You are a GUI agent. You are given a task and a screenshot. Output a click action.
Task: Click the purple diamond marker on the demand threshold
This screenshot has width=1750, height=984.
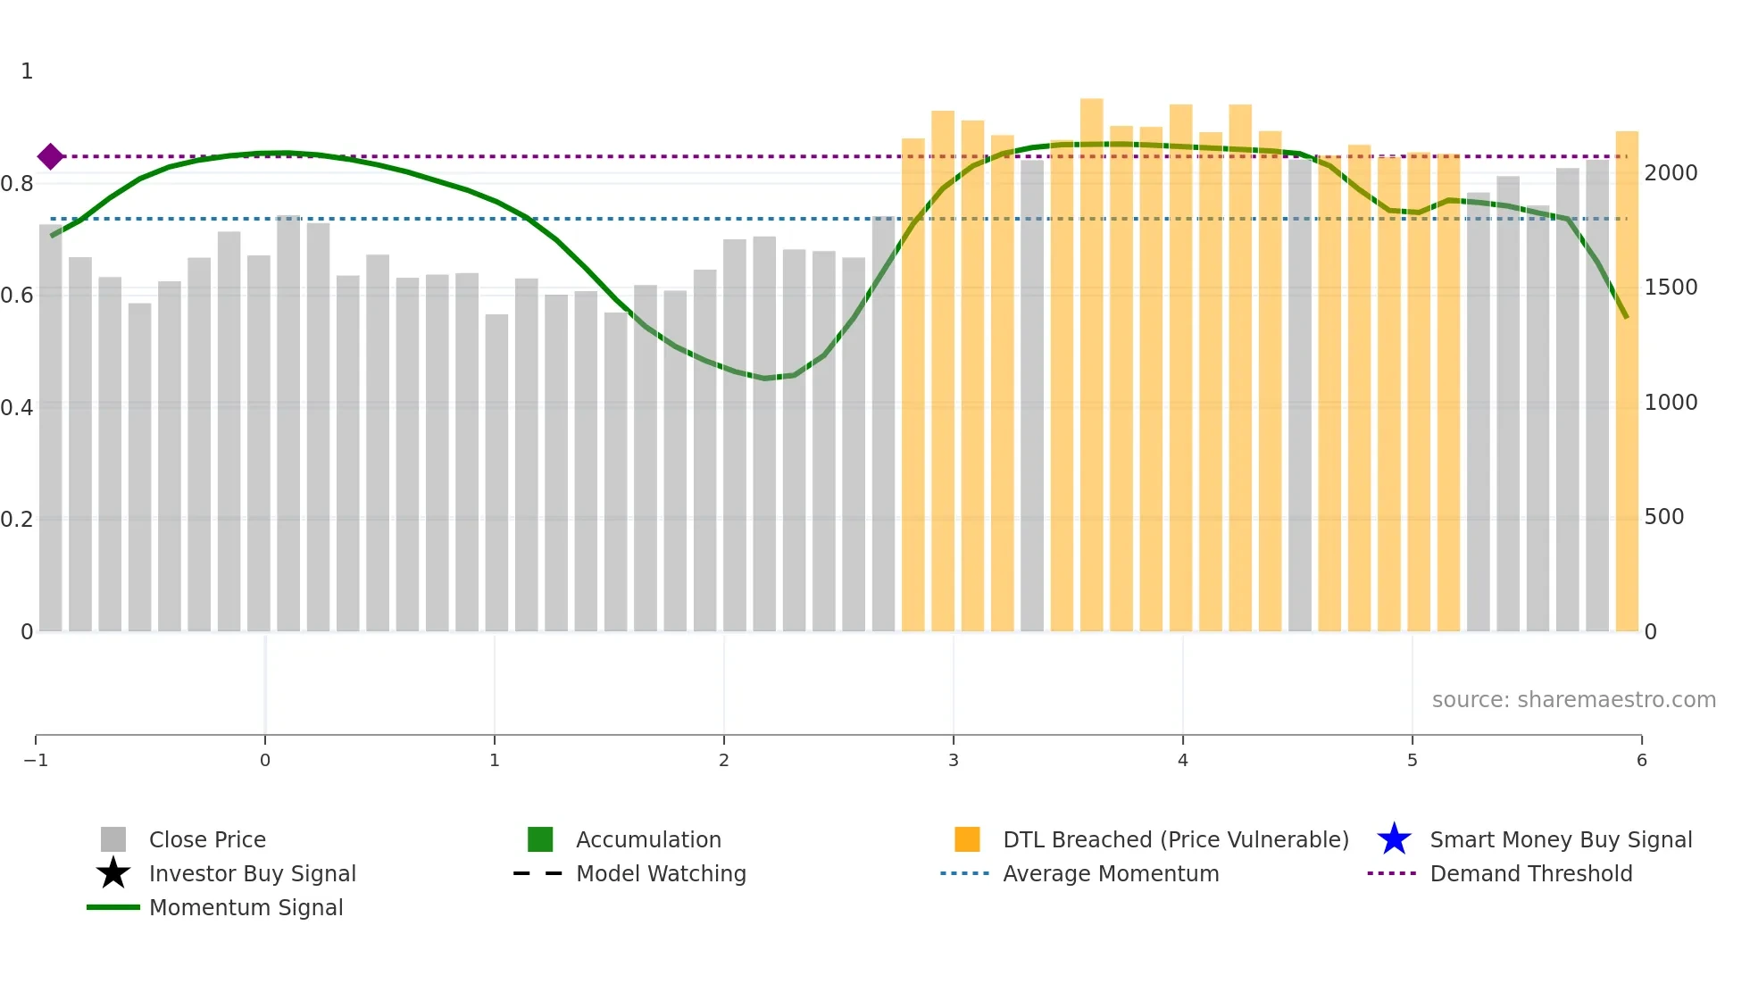pyautogui.click(x=51, y=156)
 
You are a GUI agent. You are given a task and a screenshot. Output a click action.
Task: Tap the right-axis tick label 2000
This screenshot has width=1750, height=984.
pyautogui.click(x=1671, y=173)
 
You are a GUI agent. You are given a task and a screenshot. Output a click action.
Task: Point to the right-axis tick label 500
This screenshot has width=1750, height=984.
pyautogui.click(x=1663, y=517)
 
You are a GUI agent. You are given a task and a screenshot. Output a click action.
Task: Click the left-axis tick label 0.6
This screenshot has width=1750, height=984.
pyautogui.click(x=17, y=296)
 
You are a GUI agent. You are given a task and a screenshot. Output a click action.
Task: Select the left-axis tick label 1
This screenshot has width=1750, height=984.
pyautogui.click(x=27, y=71)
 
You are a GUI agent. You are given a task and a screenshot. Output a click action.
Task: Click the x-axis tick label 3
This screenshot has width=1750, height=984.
pyautogui.click(x=953, y=761)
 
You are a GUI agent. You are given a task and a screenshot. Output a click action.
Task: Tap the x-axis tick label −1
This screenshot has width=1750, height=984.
pyautogui.click(x=36, y=761)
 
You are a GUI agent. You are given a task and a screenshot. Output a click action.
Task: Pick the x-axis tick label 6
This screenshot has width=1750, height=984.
pyautogui.click(x=1641, y=761)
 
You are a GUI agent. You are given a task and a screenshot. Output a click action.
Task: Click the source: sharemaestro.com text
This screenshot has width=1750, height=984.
pyautogui.click(x=1573, y=700)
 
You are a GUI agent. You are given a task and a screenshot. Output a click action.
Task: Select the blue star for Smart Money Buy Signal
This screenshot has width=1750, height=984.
pyautogui.click(x=1394, y=839)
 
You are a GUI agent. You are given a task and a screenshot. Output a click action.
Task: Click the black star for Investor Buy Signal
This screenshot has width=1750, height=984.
pyautogui.click(x=113, y=873)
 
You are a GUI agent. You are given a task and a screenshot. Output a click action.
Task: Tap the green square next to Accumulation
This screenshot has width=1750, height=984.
pyautogui.click(x=540, y=839)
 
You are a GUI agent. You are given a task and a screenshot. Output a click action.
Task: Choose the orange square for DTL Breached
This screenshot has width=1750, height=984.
pyautogui.click(x=967, y=839)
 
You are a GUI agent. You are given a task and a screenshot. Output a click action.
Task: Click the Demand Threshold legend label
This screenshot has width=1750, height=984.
pyautogui.click(x=1530, y=873)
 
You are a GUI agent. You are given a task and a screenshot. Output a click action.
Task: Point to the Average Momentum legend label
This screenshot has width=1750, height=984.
pyautogui.click(x=1111, y=873)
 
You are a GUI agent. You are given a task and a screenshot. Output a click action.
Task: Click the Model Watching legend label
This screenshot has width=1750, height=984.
pyautogui.click(x=661, y=873)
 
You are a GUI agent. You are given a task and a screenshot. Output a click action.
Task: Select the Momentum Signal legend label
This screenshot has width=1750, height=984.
pyautogui.click(x=246, y=907)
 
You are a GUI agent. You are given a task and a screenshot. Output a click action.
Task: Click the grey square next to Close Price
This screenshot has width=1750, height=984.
pyautogui.click(x=113, y=839)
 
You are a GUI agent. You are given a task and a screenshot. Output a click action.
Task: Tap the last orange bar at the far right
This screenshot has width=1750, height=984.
pyautogui.click(x=1627, y=384)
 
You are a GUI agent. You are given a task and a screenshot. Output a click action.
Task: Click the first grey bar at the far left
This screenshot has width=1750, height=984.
pyautogui.click(x=51, y=429)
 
